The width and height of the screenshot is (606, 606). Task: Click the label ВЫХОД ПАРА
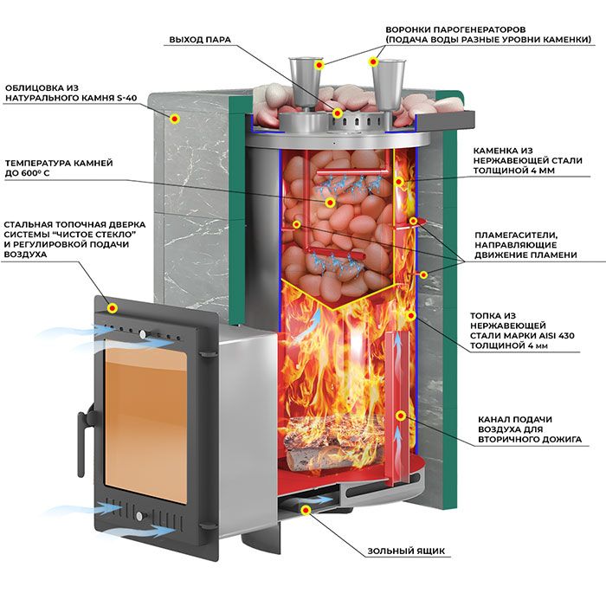pos(200,40)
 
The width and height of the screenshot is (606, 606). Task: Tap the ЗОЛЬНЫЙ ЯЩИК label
pos(406,551)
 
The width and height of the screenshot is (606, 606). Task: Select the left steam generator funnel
pos(305,84)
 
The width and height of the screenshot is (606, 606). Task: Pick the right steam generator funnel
pos(390,85)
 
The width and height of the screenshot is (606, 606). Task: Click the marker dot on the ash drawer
pos(306,510)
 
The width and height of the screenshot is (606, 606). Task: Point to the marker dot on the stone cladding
pos(175,119)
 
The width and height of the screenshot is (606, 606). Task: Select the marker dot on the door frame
pos(112,308)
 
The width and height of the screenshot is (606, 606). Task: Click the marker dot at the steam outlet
pos(338,113)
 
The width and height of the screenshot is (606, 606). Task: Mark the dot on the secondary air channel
pos(401,416)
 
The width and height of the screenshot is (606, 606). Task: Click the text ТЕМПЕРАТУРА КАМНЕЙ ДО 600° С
pos(59,168)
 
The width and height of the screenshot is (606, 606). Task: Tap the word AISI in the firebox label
pos(546,336)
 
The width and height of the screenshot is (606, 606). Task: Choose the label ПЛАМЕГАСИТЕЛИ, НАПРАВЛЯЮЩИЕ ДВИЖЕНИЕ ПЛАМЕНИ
pos(525,245)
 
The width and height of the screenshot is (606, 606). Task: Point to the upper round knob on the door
pos(143,334)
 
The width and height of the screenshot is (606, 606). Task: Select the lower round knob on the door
pos(139,516)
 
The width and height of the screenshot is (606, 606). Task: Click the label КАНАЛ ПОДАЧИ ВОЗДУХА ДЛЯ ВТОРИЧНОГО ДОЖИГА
pos(530,429)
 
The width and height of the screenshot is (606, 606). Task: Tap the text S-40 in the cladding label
pos(126,98)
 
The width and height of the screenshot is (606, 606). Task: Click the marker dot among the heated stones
pos(330,202)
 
